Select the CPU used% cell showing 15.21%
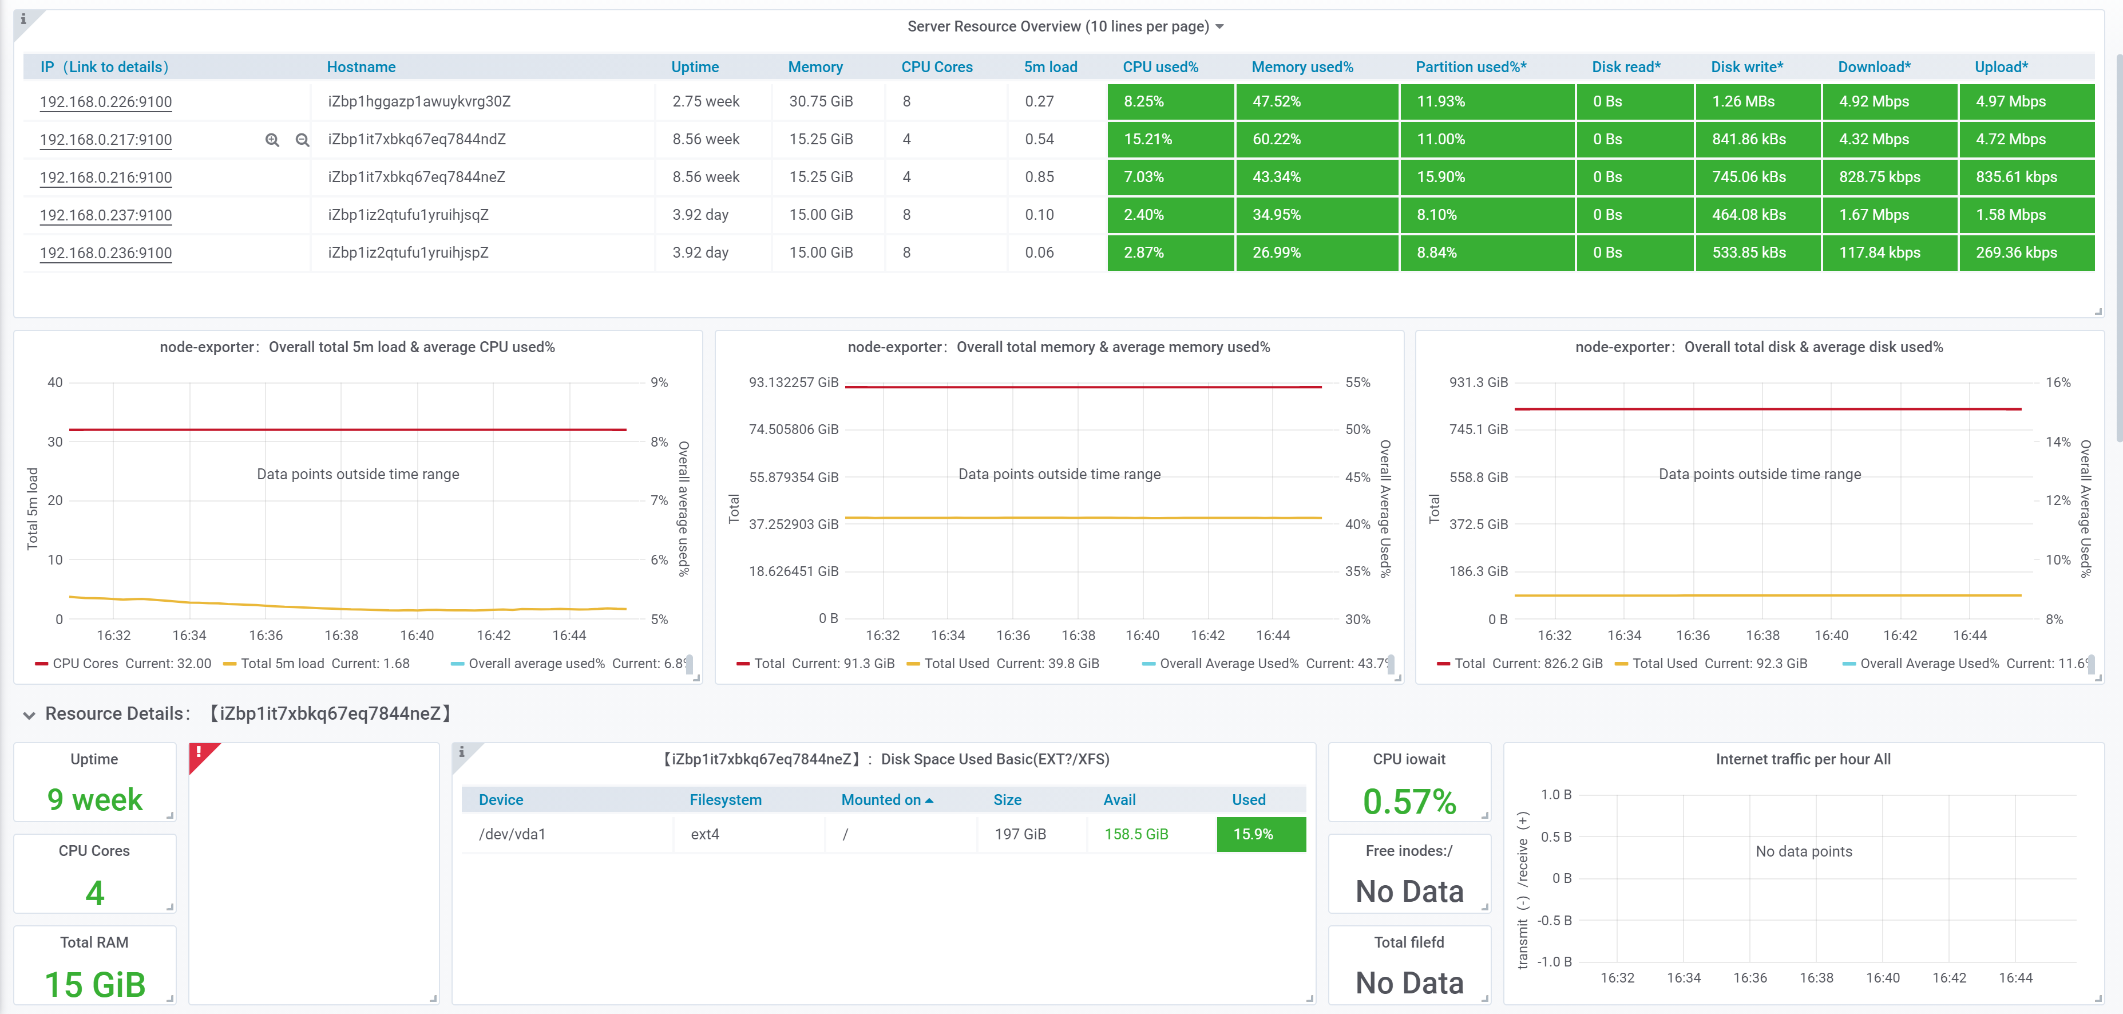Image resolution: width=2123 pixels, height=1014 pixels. point(1170,139)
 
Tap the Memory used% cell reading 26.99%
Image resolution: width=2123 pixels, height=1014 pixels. point(1317,252)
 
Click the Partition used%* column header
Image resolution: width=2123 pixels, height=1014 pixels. point(1470,67)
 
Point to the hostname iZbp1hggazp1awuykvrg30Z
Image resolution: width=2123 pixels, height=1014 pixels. point(419,101)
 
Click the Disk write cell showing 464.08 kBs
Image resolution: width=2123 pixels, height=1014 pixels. point(1757,214)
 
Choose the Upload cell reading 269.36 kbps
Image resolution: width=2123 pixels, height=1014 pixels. point(2026,252)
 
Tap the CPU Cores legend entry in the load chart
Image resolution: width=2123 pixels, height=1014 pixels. point(123,664)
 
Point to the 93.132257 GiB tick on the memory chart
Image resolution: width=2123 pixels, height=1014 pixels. point(793,382)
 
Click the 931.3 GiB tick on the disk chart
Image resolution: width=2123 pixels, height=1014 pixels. point(1479,382)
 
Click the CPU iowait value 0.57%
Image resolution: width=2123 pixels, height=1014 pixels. point(1409,802)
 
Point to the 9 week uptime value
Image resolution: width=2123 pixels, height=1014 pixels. point(95,800)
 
